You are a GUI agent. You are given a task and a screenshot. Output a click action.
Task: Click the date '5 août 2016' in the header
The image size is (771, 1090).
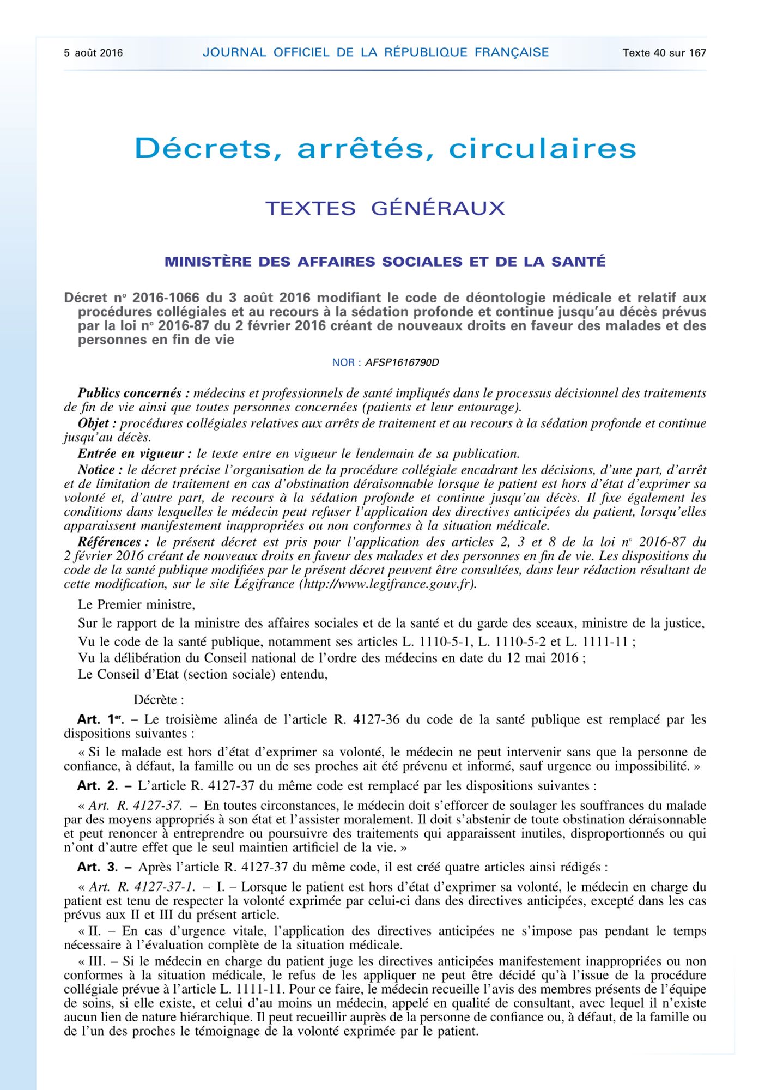[93, 53]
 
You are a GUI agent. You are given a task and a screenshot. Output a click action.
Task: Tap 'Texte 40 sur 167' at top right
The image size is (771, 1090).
[664, 53]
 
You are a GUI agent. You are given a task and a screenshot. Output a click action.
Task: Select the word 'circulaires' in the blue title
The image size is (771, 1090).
[543, 148]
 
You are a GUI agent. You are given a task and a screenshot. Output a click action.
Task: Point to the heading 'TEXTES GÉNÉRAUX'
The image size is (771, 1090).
[385, 208]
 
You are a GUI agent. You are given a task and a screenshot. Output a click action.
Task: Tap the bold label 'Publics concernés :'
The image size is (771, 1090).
[133, 393]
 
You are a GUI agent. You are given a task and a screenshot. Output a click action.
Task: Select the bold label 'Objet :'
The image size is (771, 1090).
[97, 423]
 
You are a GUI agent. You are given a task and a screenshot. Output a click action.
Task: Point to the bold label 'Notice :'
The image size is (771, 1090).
[96, 470]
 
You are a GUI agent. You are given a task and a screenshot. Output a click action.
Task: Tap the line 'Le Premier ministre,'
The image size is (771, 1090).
[136, 604]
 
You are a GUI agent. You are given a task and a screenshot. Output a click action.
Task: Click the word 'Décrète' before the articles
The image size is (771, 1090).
[155, 700]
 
